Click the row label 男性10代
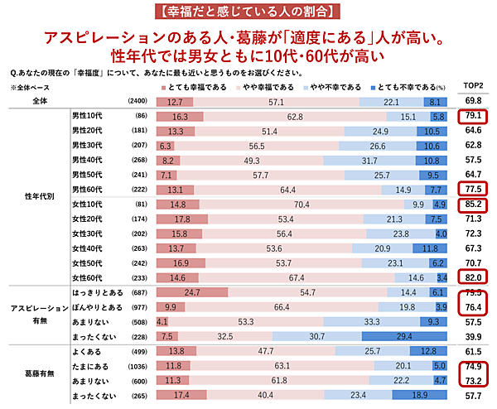[x=87, y=117]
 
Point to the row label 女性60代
[x=87, y=277]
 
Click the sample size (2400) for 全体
[x=138, y=101]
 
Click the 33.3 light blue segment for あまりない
[x=372, y=322]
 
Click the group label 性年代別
[x=41, y=197]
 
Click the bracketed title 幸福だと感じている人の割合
[x=248, y=12]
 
